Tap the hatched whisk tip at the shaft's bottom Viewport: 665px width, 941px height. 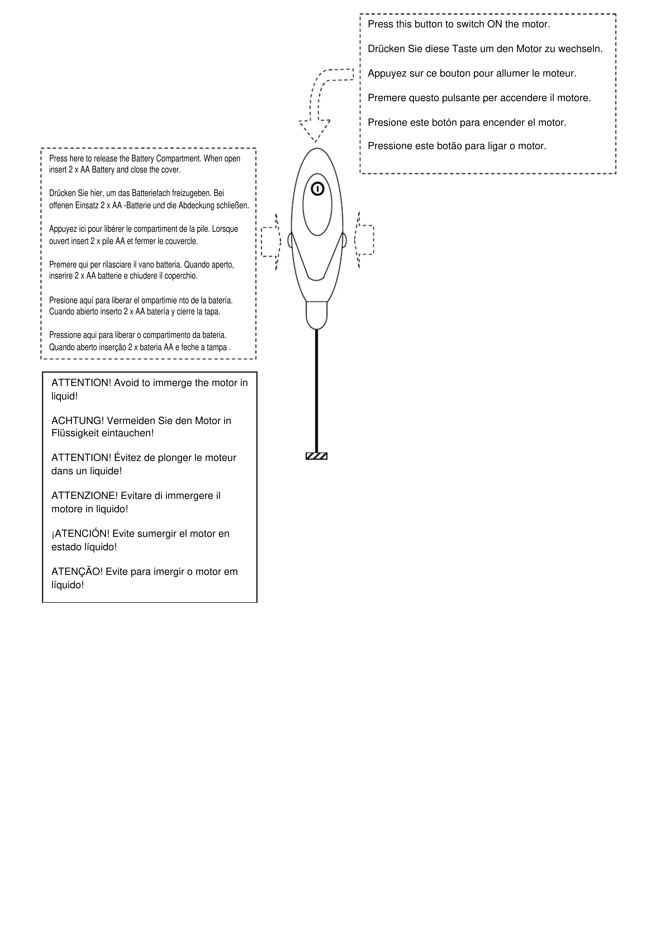coord(316,456)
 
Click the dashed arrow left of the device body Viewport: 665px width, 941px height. coord(271,241)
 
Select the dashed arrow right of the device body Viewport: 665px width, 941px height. coord(364,240)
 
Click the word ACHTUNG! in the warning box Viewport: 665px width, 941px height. coord(78,421)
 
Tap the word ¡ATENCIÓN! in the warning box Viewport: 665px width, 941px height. coord(80,534)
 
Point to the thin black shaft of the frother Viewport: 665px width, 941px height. coord(316,389)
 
